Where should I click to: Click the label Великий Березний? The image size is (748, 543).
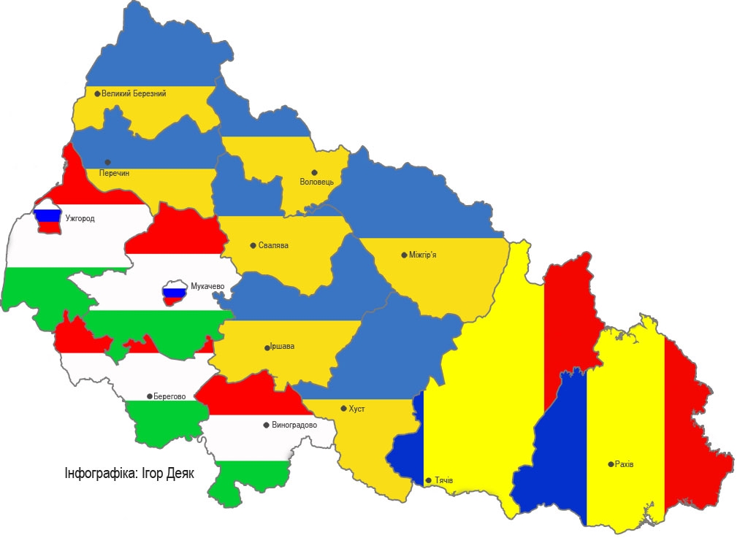tap(134, 93)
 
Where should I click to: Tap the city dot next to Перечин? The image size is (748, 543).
tap(107, 162)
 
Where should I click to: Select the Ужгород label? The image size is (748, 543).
tap(80, 217)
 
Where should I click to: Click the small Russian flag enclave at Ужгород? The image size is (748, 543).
tap(48, 217)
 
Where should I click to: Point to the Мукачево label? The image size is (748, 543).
tap(207, 285)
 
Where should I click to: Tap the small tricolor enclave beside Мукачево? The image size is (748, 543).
tap(175, 294)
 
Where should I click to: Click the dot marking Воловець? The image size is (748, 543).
tap(315, 172)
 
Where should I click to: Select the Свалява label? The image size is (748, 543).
tap(273, 245)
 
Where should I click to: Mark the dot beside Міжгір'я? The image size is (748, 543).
tap(404, 255)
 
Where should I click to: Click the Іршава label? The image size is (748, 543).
tap(282, 346)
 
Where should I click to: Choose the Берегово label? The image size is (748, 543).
tap(169, 396)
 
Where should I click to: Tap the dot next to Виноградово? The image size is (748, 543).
tap(266, 424)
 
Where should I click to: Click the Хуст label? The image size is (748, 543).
tap(357, 409)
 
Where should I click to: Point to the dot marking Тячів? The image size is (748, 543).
tap(428, 480)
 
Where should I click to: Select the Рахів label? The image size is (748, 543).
tap(625, 463)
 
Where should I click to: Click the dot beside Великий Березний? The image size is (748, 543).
tap(97, 93)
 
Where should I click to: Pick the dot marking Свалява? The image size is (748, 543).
tap(253, 245)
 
